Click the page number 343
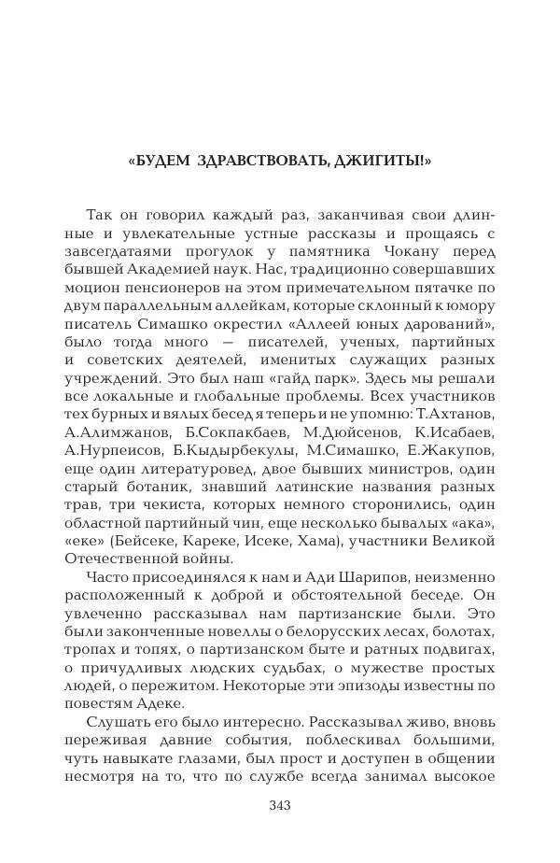click(x=280, y=806)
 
